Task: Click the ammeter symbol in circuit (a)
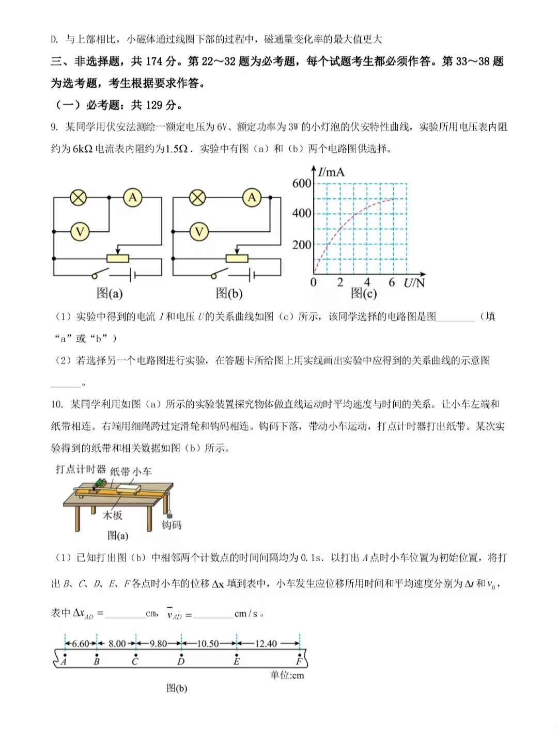[x=133, y=198]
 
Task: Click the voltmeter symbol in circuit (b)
[x=199, y=232]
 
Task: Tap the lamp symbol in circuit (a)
[x=79, y=198]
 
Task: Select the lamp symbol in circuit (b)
[x=197, y=198]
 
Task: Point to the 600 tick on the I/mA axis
[x=302, y=183]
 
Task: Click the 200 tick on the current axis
[x=302, y=245]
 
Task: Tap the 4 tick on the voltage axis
[x=367, y=282]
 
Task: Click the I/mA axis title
[x=331, y=172]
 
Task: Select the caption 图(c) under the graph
[x=364, y=293]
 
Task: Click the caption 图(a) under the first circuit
[x=110, y=293]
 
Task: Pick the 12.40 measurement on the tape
[x=266, y=644]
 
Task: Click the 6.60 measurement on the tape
[x=81, y=644]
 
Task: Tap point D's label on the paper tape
[x=181, y=661]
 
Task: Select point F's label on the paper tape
[x=299, y=661]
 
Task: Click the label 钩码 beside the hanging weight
[x=172, y=525]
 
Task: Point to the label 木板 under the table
[x=113, y=515]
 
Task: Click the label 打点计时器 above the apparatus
[x=81, y=469]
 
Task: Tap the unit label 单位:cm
[x=287, y=675]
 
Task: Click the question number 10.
[x=57, y=404]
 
